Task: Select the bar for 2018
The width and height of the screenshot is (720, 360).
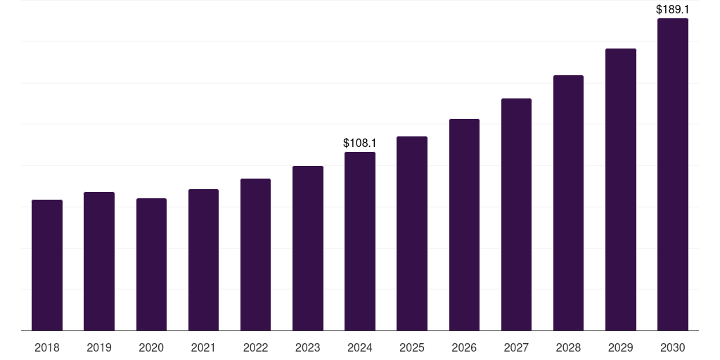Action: [x=47, y=265]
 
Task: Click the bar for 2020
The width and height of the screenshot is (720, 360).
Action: [x=151, y=264]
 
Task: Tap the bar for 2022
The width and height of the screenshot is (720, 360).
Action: [x=255, y=255]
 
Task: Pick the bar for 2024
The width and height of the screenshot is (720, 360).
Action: [x=360, y=241]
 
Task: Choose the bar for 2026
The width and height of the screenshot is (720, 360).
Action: [x=464, y=225]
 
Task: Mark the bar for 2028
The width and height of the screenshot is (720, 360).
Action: [x=568, y=203]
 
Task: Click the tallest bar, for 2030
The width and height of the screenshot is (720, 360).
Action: [x=672, y=174]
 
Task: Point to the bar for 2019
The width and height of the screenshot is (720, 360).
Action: [x=99, y=262]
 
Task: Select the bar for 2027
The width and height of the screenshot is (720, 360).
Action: [x=516, y=214]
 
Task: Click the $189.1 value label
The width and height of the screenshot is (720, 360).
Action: [x=672, y=10]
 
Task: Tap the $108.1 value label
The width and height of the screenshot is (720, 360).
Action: [x=360, y=143]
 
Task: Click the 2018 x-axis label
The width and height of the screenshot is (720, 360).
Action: [x=47, y=347]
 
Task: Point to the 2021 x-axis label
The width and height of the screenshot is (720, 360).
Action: [x=203, y=347]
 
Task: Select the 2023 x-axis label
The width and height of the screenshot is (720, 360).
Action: [x=307, y=347]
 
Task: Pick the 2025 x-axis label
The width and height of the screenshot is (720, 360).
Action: [x=412, y=347]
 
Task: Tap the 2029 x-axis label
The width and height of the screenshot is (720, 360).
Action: [x=620, y=347]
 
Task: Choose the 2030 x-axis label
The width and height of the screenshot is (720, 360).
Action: [x=672, y=347]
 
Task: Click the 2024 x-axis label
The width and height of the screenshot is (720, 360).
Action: [x=360, y=347]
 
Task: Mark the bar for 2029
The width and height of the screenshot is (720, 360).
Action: [x=620, y=190]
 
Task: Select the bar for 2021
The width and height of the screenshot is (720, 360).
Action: [x=203, y=260]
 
